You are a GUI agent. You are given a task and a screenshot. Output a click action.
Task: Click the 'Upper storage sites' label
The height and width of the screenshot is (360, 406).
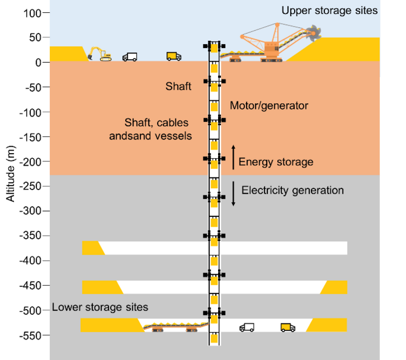pyautogui.click(x=329, y=10)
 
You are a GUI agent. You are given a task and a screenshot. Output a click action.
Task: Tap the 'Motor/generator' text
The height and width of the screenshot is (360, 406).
pyautogui.click(x=269, y=106)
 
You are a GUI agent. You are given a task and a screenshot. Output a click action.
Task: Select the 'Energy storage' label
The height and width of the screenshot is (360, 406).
pyautogui.click(x=275, y=162)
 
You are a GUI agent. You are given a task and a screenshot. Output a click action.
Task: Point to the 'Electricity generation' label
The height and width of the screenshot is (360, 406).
pyautogui.click(x=292, y=190)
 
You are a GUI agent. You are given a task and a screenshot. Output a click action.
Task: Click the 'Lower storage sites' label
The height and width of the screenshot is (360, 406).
pyautogui.click(x=100, y=307)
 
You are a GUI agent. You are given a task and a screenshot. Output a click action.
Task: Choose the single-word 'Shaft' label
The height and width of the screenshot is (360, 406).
pyautogui.click(x=178, y=86)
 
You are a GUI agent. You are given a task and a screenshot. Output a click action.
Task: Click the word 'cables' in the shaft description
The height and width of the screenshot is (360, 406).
pyautogui.click(x=177, y=123)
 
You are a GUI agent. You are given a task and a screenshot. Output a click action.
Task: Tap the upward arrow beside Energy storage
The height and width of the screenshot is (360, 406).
pyautogui.click(x=233, y=157)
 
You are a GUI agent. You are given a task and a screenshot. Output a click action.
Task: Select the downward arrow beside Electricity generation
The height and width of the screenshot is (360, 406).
pyautogui.click(x=233, y=194)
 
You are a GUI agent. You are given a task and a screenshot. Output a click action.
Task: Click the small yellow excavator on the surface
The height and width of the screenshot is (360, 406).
pyautogui.click(x=99, y=54)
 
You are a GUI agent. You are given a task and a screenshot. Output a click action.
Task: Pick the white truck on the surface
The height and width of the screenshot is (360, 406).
pyautogui.click(x=130, y=56)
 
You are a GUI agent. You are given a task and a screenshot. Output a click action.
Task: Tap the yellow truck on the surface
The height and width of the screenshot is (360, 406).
pyautogui.click(x=173, y=56)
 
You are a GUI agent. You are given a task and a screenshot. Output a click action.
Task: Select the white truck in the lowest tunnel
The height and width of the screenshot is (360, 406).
pyautogui.click(x=246, y=328)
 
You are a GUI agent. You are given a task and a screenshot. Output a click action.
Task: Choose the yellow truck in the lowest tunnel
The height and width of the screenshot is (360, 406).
pyautogui.click(x=288, y=328)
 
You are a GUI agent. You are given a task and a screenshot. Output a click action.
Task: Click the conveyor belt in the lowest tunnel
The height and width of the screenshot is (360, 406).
pyautogui.click(x=174, y=327)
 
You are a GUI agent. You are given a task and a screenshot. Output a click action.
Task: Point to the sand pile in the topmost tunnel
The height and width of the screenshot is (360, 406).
pyautogui.click(x=92, y=248)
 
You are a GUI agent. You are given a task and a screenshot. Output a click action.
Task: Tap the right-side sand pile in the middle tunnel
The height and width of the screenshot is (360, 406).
pyautogui.click(x=335, y=287)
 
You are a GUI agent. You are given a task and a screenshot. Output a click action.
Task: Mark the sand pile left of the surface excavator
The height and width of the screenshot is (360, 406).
pyautogui.click(x=65, y=54)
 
